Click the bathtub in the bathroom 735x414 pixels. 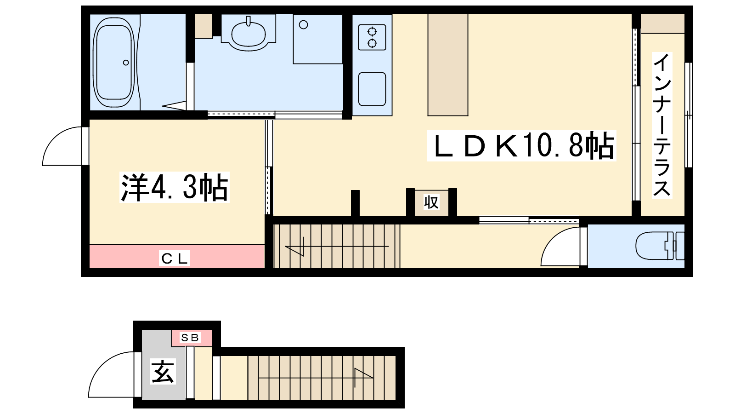(x=114, y=63)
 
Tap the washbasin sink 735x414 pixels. (x=249, y=34)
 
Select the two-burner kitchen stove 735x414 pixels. (x=372, y=37)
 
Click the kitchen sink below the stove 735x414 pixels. (x=372, y=89)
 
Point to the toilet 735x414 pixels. (x=660, y=246)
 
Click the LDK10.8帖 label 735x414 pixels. (x=522, y=145)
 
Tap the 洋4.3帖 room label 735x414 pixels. (x=174, y=187)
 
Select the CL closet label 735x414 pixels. (x=175, y=258)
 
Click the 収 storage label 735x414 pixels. (x=431, y=202)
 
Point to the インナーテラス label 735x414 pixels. (x=662, y=125)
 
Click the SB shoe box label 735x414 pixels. (x=190, y=338)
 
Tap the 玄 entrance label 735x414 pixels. (x=163, y=371)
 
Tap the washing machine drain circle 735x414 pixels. (x=304, y=25)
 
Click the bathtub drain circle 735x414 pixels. (x=126, y=63)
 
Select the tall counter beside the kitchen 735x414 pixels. (x=448, y=65)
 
